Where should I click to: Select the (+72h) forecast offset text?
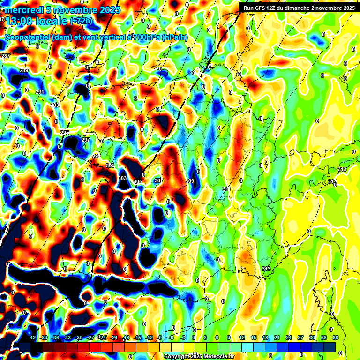[81, 21]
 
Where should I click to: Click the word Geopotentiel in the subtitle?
[28, 37]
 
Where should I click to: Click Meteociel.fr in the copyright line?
[217, 357]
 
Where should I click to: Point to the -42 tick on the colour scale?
[32, 337]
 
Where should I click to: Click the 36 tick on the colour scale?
[336, 337]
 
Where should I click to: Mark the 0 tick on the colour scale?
[194, 337]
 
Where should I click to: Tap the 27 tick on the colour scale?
[300, 337]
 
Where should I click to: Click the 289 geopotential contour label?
[24, 71]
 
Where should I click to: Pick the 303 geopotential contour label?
[122, 179]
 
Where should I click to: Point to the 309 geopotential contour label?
[190, 181]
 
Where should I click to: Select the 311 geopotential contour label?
[226, 189]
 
